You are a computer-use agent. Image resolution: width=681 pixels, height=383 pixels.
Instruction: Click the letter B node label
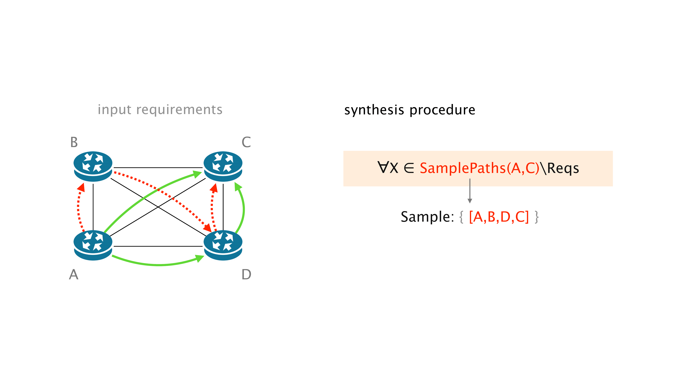point(74,142)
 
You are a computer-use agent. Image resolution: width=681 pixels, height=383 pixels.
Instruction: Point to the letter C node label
point(246,142)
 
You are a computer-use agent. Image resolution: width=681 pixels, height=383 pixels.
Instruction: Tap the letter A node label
point(74,274)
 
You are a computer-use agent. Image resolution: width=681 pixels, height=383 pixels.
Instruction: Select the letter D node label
point(246,274)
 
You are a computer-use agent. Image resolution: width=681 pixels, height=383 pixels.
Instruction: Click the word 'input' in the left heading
point(114,109)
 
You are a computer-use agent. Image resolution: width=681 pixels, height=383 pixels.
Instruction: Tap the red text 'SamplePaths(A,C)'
point(479,168)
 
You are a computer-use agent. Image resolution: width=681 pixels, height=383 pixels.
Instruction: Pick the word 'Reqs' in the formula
point(563,168)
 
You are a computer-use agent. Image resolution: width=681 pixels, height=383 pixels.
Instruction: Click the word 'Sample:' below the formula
point(427,217)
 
